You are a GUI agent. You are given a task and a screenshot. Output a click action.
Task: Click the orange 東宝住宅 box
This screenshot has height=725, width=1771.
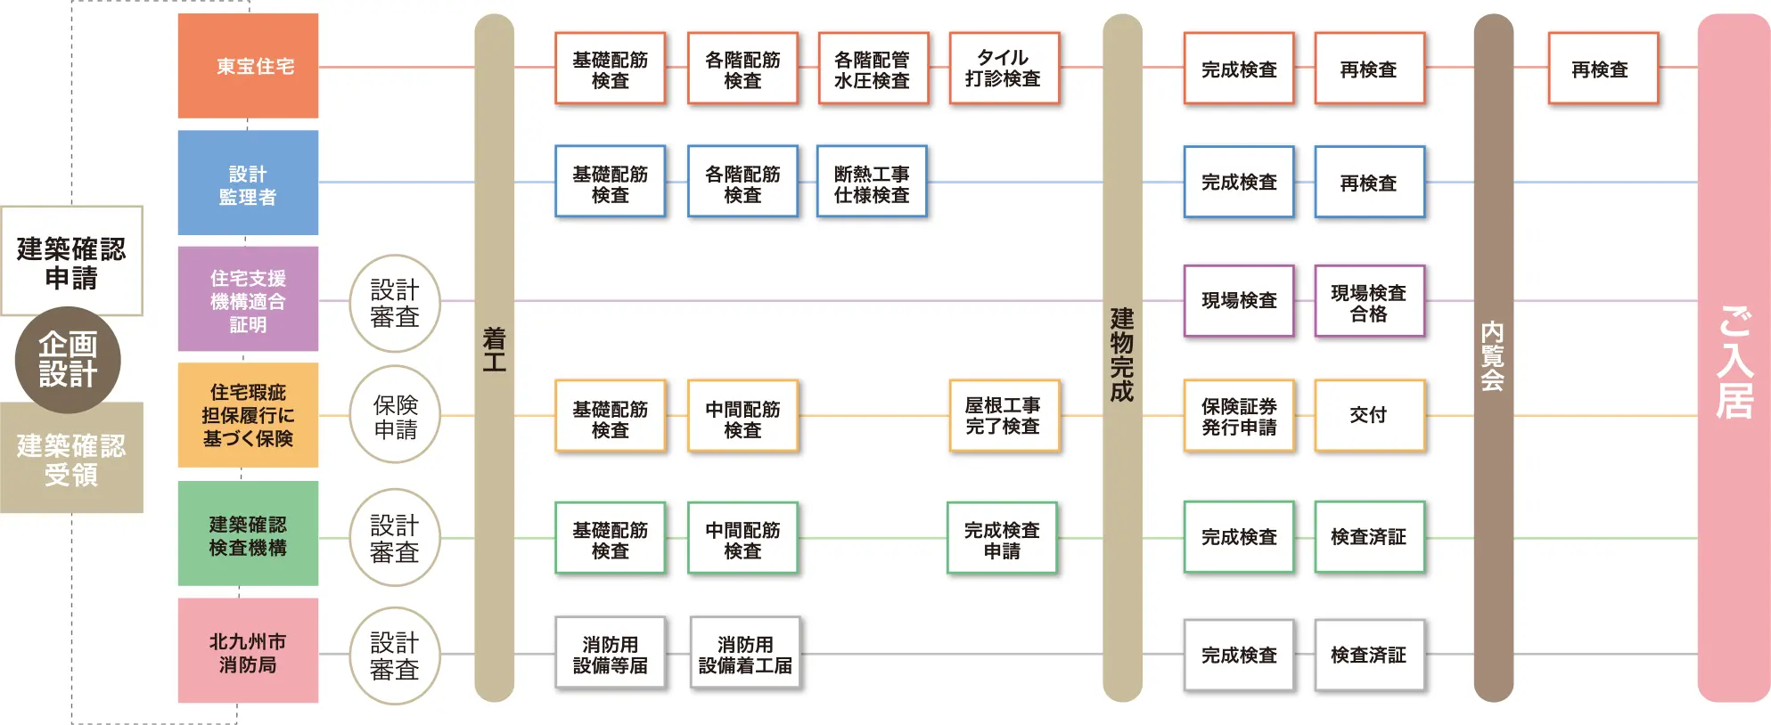click(x=248, y=66)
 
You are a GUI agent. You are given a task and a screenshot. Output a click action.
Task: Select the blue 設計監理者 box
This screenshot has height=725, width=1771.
click(x=248, y=183)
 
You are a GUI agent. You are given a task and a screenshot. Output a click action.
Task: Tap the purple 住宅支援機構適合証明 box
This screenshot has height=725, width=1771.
click(x=248, y=299)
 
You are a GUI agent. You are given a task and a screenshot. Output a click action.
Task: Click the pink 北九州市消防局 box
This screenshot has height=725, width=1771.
click(x=248, y=651)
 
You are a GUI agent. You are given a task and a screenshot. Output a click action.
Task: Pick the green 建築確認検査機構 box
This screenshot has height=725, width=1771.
click(x=248, y=534)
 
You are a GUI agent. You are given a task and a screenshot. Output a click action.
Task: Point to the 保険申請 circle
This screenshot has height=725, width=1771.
click(x=395, y=414)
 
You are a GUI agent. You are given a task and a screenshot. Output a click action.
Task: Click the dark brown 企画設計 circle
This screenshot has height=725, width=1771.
click(x=68, y=360)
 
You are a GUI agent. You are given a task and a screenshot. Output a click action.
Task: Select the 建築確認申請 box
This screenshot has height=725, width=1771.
click(x=71, y=261)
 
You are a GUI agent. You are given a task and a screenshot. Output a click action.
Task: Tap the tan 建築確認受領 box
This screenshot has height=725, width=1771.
click(x=71, y=458)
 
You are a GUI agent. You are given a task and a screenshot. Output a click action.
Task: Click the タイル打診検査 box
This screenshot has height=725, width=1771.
click(x=1004, y=69)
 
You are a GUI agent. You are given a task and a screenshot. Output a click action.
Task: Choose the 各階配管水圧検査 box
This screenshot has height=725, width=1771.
click(x=873, y=69)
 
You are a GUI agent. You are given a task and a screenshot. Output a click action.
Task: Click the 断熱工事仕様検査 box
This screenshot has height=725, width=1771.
click(x=872, y=183)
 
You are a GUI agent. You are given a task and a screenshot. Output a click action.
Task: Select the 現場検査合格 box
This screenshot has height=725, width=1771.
click(x=1369, y=301)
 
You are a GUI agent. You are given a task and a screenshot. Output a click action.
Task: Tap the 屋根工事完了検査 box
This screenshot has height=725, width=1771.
click(x=1004, y=416)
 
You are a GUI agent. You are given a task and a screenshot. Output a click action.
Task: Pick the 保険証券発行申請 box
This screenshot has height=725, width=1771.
click(x=1239, y=416)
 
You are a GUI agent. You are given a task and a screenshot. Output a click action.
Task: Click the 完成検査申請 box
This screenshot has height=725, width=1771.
click(x=1002, y=538)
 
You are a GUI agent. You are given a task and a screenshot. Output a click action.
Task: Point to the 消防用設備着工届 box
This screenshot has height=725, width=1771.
click(x=745, y=654)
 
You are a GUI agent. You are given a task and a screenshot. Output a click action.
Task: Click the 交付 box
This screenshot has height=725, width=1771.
click(x=1369, y=416)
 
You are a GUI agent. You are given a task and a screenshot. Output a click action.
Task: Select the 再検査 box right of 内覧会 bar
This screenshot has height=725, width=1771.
click(x=1603, y=69)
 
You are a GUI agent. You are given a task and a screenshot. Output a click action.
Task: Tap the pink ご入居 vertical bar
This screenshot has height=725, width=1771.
click(x=1734, y=358)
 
